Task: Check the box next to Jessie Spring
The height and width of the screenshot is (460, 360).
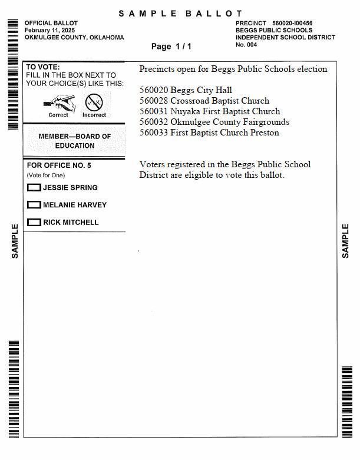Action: tap(34, 188)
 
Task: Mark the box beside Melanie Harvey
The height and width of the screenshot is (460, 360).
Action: tap(34, 205)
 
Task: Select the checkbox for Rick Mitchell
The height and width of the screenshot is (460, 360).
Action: tap(34, 223)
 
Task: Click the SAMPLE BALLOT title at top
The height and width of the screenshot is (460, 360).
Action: tap(180, 14)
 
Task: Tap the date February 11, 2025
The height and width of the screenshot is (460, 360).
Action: tap(49, 30)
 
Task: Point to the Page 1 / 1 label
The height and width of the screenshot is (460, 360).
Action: tap(171, 46)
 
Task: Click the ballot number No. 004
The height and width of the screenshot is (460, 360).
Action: tap(246, 45)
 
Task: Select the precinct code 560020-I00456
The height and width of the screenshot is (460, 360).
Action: tap(292, 24)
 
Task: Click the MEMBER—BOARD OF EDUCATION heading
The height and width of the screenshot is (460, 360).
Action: tap(75, 141)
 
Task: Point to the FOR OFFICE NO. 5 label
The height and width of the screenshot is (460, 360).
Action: tap(59, 166)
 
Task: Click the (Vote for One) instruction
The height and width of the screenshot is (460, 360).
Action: tap(46, 176)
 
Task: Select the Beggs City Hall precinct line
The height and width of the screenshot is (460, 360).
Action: tap(186, 90)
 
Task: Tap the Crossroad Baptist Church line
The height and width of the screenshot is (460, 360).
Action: tap(204, 101)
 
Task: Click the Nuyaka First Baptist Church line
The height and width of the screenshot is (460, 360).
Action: tap(209, 111)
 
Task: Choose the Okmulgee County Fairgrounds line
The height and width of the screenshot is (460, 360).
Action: tap(214, 122)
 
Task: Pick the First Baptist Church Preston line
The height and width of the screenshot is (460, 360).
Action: tap(209, 133)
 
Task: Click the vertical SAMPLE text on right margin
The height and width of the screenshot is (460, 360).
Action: tap(345, 240)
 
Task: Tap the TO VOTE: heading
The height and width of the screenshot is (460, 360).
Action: tap(43, 67)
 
